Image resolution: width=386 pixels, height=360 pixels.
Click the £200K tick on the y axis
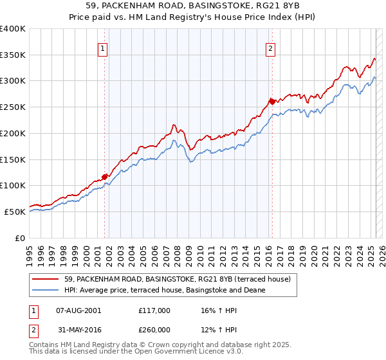point(13,133)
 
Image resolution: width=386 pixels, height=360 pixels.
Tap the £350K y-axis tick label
point(13,55)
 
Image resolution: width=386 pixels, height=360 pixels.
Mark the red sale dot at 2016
point(272,101)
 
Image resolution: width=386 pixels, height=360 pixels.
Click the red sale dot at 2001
point(104,176)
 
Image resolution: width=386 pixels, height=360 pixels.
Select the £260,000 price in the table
point(154,331)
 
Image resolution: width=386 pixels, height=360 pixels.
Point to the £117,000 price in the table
point(154,310)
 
